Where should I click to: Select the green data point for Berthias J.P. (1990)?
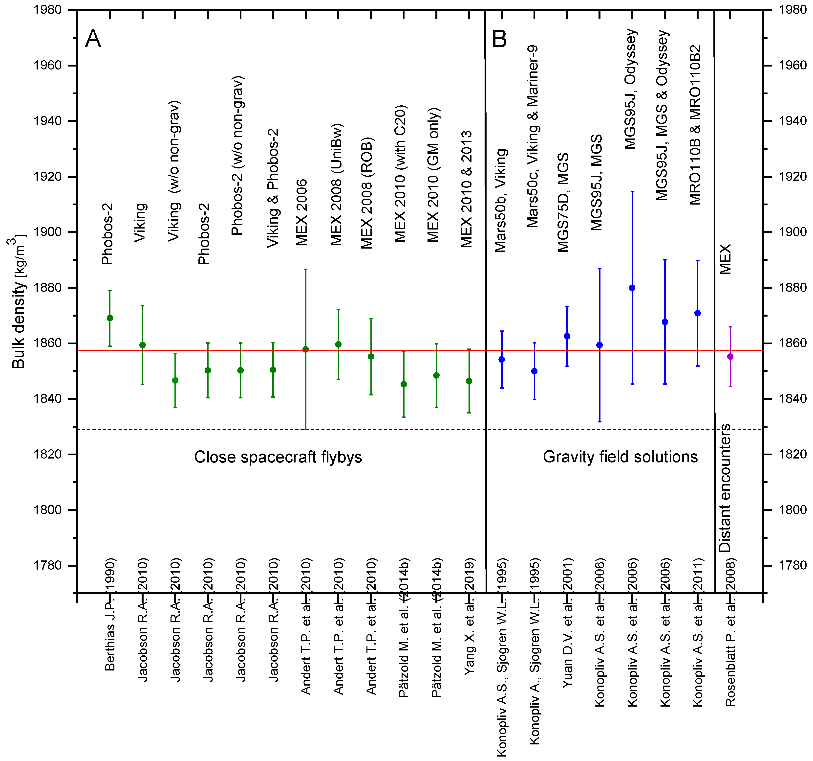(x=110, y=318)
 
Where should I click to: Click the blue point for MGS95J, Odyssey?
(x=632, y=288)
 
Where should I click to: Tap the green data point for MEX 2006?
(x=305, y=349)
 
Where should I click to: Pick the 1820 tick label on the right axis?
(x=792, y=454)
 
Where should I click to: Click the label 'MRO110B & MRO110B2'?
(x=695, y=125)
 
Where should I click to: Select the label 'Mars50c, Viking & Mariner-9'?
(x=533, y=136)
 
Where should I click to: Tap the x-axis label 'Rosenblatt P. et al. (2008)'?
(x=730, y=632)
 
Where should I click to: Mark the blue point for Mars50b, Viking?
(x=502, y=359)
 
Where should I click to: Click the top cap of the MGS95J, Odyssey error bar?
(x=632, y=191)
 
